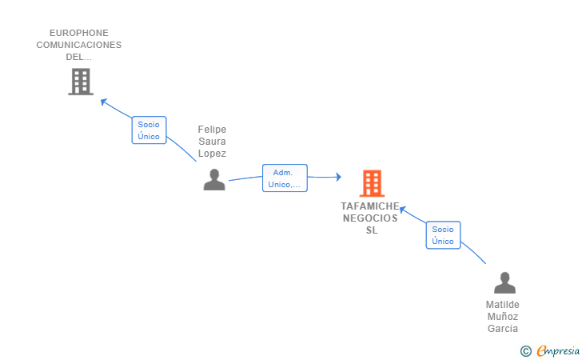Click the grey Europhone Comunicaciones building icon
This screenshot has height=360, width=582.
coord(80,82)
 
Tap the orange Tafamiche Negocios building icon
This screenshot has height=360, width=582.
coord(372,183)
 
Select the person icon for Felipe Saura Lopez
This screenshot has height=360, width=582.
coord(213,180)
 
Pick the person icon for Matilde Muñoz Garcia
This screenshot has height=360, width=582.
coord(504,283)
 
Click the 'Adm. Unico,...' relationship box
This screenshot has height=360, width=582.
coord(285,178)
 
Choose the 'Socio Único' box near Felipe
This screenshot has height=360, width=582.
coord(149,130)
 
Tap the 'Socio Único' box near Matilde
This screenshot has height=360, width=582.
coord(443,235)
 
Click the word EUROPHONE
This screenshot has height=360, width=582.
coord(79,34)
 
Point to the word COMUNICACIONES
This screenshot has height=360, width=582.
coord(79,46)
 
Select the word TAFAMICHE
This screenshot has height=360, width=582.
coord(370,206)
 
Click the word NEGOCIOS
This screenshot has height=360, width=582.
coord(370,218)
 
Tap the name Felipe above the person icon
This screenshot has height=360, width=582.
coord(212,130)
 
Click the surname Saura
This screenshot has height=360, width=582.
coord(212,142)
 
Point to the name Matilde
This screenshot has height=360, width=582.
coord(503,305)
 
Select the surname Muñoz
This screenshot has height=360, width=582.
coord(503,317)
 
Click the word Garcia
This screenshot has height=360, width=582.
coord(503,329)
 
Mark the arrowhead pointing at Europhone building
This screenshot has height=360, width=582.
coord(103,101)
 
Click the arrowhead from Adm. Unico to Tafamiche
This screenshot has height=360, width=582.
coord(338,177)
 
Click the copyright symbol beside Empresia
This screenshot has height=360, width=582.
coord(526,351)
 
